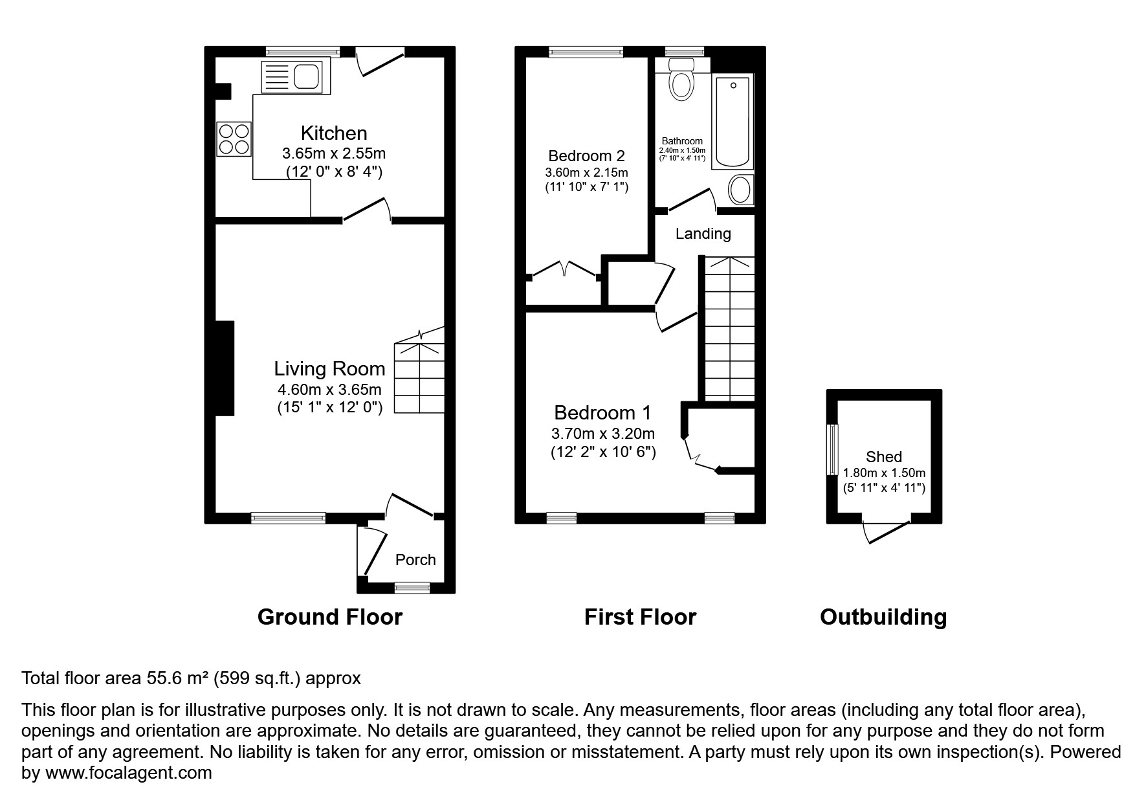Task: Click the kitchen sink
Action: point(292,76)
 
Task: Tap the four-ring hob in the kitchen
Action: point(234,139)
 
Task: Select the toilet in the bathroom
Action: point(680,80)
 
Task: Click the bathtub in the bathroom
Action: point(733,121)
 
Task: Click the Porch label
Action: point(415,560)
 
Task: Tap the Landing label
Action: point(703,234)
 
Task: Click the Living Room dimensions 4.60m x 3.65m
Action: point(329,390)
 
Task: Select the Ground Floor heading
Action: point(329,617)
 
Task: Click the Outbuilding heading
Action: point(883,617)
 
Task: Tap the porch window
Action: point(412,588)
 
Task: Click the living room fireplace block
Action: point(224,368)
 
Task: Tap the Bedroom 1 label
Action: point(602,412)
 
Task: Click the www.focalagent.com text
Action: point(128,773)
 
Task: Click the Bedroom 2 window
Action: point(586,52)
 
